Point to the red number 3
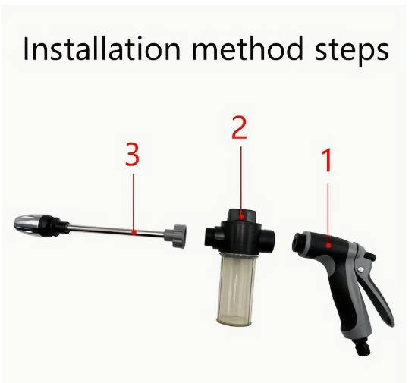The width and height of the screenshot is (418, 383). tap(133, 155)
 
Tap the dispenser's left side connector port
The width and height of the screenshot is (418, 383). tap(210, 236)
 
